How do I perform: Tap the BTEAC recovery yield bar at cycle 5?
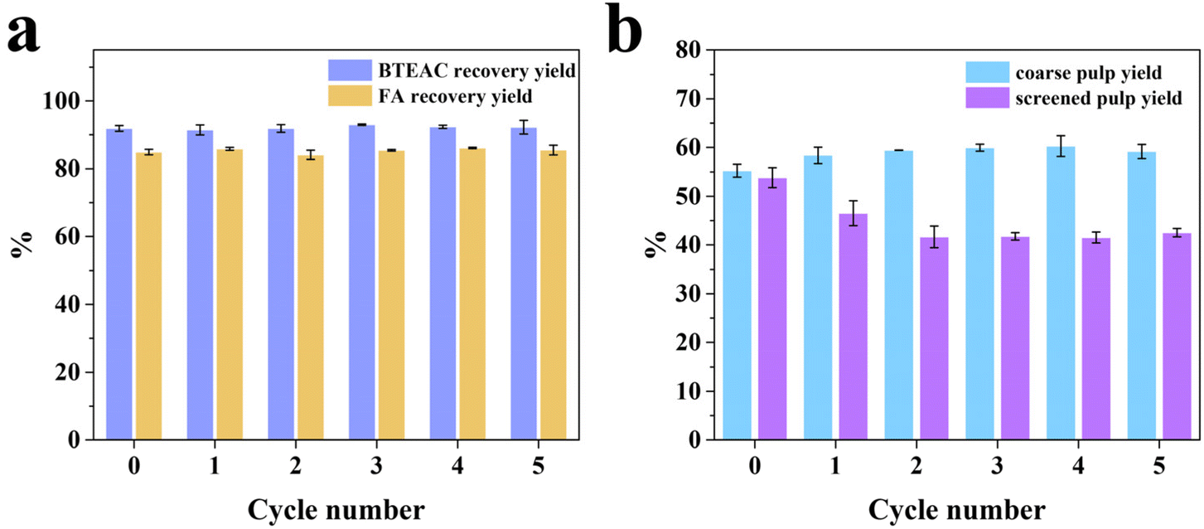[524, 283]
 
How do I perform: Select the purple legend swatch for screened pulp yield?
[985, 99]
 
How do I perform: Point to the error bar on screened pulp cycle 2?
[934, 236]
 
